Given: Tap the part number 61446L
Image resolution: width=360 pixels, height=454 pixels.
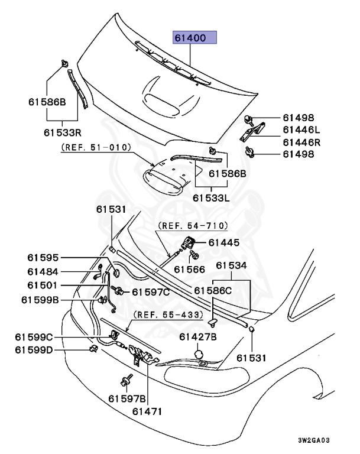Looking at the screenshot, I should coord(301,129).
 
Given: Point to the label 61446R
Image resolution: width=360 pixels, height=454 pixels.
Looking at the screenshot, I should coord(301,142).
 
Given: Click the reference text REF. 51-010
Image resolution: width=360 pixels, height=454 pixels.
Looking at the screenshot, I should coord(95,148).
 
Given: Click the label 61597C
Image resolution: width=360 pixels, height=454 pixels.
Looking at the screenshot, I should coord(151,291).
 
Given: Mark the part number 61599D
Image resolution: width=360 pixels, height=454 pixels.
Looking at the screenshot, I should coord(34,351).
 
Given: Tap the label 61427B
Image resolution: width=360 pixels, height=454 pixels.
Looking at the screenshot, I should coord(198,337).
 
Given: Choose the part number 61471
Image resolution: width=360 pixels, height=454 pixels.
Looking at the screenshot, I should coord(146,411).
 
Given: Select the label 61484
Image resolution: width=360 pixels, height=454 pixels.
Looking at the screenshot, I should coord(42,271).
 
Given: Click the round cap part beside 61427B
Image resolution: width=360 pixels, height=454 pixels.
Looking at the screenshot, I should coord(199,354).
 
